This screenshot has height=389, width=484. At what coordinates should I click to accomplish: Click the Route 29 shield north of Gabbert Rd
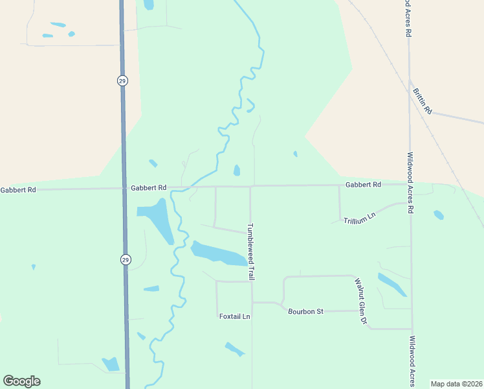[x=123, y=80]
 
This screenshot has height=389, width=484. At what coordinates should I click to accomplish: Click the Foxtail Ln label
[x=234, y=316]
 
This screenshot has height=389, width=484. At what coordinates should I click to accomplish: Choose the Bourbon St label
[x=305, y=311]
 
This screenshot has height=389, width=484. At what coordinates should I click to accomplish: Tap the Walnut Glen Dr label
[x=360, y=301]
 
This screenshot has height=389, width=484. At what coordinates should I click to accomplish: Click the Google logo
[x=21, y=381]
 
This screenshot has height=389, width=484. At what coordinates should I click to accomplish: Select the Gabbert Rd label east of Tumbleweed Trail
[x=363, y=185]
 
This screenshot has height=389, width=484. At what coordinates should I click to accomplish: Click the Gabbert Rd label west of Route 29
[x=18, y=190]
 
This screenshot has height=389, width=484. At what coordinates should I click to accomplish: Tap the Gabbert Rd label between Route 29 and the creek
[x=148, y=188]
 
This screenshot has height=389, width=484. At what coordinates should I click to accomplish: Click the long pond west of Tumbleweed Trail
[x=218, y=253]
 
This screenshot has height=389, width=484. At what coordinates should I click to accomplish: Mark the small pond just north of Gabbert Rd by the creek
[x=237, y=171]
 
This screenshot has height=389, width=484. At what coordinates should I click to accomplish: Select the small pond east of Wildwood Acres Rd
[x=439, y=215]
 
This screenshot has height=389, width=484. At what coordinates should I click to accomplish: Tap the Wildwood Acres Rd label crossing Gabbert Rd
[x=410, y=182]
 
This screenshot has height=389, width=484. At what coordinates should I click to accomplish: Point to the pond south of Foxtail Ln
[x=234, y=349]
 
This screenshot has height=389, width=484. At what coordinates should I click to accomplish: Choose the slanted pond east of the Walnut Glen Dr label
[x=392, y=284]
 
